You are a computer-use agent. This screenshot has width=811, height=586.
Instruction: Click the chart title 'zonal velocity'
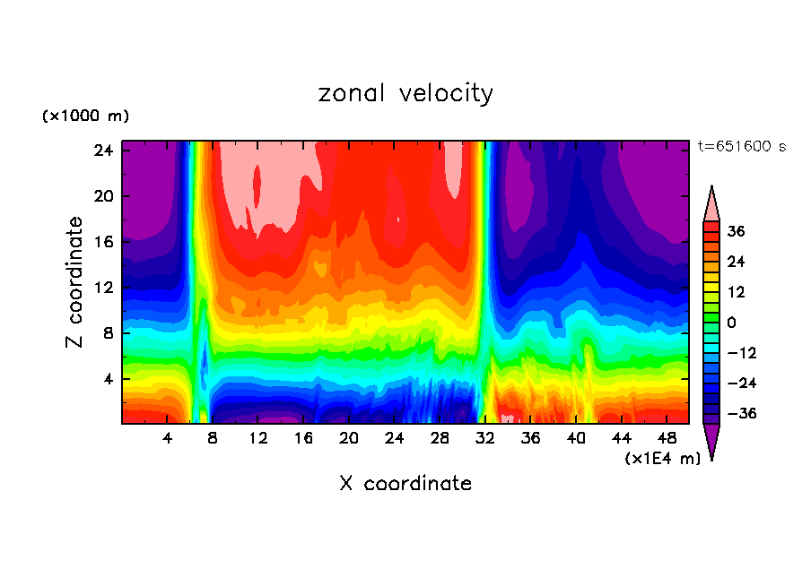tap(405, 93)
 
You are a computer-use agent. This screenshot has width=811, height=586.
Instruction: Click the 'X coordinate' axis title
tap(405, 484)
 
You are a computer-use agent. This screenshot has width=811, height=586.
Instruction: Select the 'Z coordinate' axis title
tap(75, 282)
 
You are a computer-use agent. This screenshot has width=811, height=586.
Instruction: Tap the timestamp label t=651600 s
tap(741, 147)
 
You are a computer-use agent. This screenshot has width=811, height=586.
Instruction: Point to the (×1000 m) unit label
tap(85, 116)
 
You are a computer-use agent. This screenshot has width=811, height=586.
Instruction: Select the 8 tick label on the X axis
tap(213, 438)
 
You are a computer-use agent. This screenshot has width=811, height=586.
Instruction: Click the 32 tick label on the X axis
tap(485, 438)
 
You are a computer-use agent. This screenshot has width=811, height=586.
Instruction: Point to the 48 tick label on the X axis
tap(667, 438)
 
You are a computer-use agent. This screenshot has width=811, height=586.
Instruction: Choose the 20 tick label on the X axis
tap(349, 438)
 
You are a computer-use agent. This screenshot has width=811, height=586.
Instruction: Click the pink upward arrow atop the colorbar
tap(711, 203)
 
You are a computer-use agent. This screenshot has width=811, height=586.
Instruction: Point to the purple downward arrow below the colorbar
tap(711, 441)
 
